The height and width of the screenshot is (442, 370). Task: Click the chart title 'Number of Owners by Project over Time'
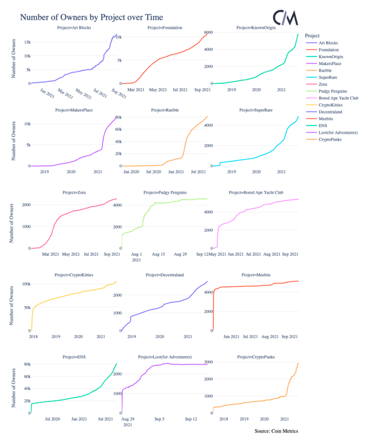(91, 17)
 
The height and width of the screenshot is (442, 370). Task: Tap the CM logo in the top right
(285, 18)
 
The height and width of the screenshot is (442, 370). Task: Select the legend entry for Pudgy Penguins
(333, 91)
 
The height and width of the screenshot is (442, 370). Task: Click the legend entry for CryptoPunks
(331, 139)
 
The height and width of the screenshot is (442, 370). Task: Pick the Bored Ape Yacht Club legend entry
(338, 98)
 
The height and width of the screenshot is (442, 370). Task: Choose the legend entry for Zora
(323, 84)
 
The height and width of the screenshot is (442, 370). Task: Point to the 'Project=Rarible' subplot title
(165, 110)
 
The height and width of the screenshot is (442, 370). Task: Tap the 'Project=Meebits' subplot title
(256, 275)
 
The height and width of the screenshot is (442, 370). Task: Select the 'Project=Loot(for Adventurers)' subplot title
(165, 357)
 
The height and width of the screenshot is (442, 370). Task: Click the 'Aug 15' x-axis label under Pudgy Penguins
(158, 255)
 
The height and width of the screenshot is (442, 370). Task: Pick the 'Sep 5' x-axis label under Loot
(159, 419)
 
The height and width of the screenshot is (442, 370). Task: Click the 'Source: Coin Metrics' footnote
(276, 431)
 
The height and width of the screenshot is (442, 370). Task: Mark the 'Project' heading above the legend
(312, 36)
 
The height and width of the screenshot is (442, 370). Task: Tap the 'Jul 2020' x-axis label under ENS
(52, 419)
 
